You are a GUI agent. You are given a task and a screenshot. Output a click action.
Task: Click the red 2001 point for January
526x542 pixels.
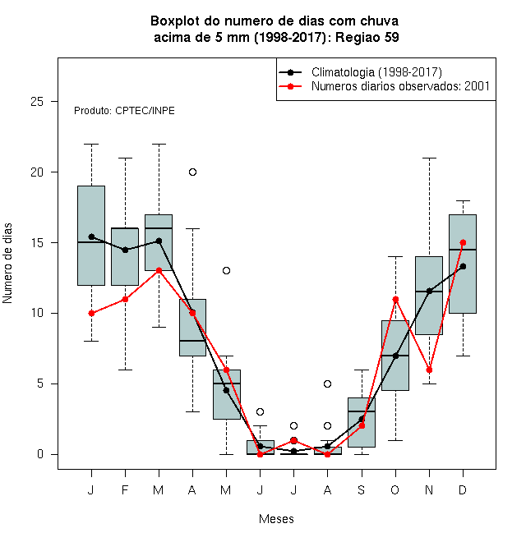(x=91, y=313)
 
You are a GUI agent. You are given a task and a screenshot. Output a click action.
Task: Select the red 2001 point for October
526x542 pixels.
(x=395, y=299)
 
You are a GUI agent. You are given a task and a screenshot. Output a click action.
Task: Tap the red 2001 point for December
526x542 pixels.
(x=463, y=242)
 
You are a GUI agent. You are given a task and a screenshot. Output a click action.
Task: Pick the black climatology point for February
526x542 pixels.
(x=125, y=250)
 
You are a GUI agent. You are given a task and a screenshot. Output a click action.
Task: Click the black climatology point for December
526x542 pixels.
(x=463, y=266)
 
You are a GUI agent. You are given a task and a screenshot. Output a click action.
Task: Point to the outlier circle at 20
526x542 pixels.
(x=193, y=172)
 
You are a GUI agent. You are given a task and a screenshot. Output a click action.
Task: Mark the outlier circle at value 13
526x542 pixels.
(x=226, y=271)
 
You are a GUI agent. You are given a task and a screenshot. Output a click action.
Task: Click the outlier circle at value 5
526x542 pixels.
(x=327, y=384)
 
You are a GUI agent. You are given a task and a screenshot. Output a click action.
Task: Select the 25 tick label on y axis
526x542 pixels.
(x=37, y=102)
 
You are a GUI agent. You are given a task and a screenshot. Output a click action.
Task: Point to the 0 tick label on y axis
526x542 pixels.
(x=40, y=454)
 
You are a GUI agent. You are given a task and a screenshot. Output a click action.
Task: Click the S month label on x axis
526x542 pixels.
(x=362, y=489)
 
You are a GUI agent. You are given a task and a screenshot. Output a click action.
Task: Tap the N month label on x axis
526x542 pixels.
(x=429, y=489)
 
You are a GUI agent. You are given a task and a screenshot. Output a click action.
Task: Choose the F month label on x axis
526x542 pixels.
(x=125, y=489)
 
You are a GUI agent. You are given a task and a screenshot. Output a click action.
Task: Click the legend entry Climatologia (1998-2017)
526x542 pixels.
(x=376, y=72)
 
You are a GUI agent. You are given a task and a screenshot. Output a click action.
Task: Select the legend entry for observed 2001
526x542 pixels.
(x=401, y=86)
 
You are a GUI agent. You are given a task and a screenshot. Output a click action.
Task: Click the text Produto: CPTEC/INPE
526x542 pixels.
(x=124, y=111)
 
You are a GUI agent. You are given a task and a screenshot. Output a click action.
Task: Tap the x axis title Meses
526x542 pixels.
(x=276, y=519)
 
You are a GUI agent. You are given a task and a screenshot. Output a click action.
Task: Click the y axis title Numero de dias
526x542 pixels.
(x=7, y=264)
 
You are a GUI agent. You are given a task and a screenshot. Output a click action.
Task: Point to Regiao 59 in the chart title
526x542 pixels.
(x=367, y=37)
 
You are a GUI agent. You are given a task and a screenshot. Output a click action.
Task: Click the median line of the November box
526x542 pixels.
(x=429, y=292)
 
